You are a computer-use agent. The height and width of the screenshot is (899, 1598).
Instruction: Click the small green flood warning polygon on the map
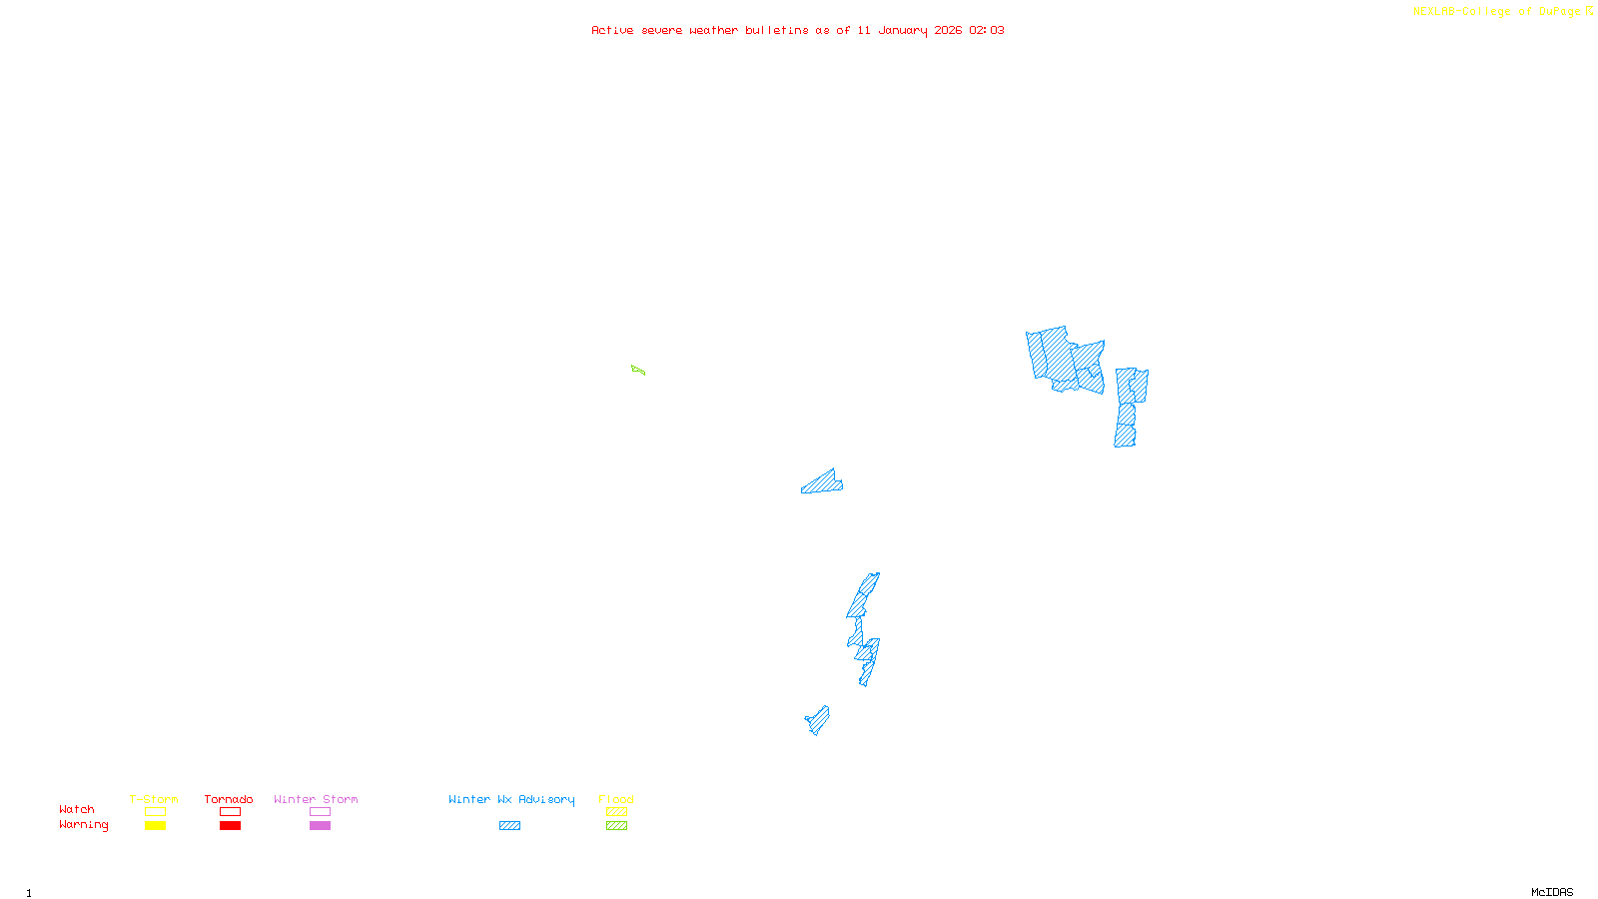[x=638, y=371]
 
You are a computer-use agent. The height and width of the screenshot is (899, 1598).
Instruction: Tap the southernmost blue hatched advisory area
[x=818, y=719]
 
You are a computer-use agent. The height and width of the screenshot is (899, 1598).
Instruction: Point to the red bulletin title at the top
[x=797, y=30]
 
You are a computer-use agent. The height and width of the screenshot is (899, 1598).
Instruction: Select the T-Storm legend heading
[x=154, y=799]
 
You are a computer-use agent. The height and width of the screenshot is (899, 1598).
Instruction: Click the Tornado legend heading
[x=229, y=799]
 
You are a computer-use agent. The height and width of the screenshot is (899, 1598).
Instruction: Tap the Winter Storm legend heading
[x=316, y=799]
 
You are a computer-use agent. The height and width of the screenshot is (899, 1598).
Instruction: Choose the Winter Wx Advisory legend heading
[x=511, y=799]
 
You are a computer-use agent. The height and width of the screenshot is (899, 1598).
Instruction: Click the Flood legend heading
[x=616, y=799]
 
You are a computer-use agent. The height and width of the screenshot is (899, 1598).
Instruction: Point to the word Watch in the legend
[x=77, y=809]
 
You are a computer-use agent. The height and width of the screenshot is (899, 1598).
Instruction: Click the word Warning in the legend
[x=83, y=825]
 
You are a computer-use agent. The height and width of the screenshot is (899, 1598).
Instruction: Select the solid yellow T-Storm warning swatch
[x=155, y=826]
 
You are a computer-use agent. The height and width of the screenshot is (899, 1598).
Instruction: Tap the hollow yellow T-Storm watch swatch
[x=155, y=812]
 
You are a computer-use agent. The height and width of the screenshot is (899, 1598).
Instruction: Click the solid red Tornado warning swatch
[x=230, y=826]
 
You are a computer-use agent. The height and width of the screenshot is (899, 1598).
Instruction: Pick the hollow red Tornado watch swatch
[x=230, y=812]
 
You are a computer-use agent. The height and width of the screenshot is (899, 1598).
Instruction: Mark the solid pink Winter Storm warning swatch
[x=320, y=826]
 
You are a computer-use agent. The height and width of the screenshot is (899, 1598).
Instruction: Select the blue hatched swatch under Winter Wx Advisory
[x=509, y=826]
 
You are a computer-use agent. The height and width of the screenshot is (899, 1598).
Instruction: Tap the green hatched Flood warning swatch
[x=616, y=826]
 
